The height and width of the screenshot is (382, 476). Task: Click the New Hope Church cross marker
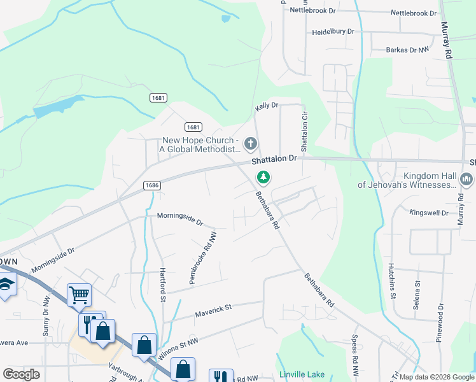tap(250, 144)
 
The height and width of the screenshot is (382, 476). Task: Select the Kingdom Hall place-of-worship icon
tap(468, 180)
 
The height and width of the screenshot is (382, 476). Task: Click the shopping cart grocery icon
tap(79, 294)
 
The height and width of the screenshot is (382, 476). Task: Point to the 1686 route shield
tap(151, 185)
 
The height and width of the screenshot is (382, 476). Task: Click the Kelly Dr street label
tap(267, 105)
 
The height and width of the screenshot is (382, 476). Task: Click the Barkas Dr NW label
tap(408, 50)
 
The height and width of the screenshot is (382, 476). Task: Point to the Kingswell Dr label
tap(429, 213)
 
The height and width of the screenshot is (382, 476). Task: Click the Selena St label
tap(417, 295)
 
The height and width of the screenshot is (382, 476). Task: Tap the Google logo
tap(21, 374)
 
